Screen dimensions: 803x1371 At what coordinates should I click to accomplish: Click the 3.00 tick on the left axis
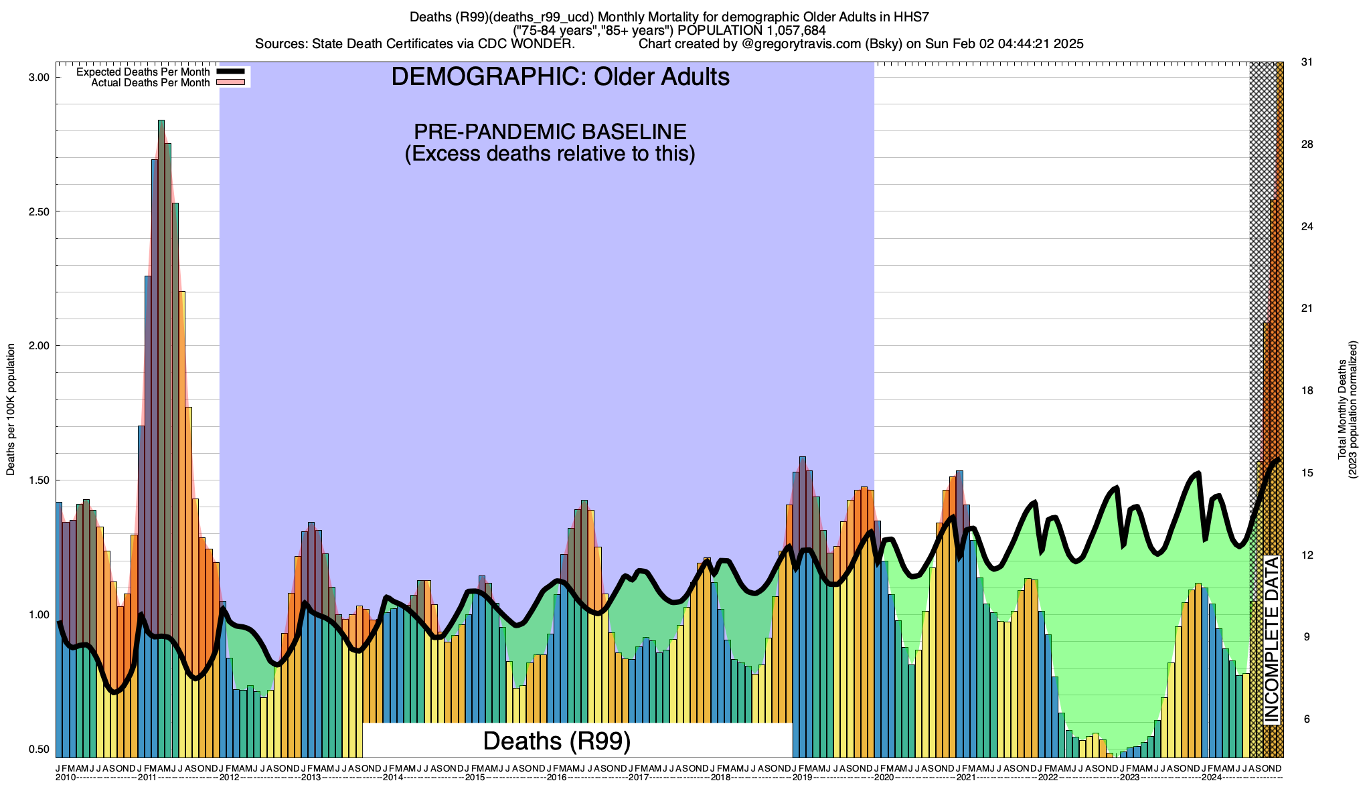pyautogui.click(x=39, y=78)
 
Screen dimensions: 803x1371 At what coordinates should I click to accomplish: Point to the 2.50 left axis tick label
pyautogui.click(x=39, y=211)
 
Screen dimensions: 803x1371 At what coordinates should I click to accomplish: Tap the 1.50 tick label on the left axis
pyautogui.click(x=39, y=480)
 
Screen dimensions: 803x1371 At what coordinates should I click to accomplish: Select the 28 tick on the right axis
pyautogui.click(x=1306, y=145)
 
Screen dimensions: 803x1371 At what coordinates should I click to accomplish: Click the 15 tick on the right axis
pyautogui.click(x=1306, y=473)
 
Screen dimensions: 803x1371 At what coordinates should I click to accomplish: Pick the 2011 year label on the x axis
pyautogui.click(x=147, y=778)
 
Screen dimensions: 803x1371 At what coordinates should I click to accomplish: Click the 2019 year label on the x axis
pyautogui.click(x=802, y=778)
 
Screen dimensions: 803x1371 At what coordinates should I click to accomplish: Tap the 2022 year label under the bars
pyautogui.click(x=1048, y=778)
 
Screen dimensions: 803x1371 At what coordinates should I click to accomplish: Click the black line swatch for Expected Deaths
pyautogui.click(x=232, y=72)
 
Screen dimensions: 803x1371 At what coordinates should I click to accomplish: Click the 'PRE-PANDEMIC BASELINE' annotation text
pyautogui.click(x=550, y=131)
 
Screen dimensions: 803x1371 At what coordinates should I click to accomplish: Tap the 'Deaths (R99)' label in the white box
pyautogui.click(x=556, y=741)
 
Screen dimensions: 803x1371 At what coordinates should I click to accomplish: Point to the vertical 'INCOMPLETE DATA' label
pyautogui.click(x=1271, y=640)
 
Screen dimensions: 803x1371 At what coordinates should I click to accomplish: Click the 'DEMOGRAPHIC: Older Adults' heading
pyautogui.click(x=560, y=77)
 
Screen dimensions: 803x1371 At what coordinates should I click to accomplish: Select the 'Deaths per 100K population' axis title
pyautogui.click(x=11, y=410)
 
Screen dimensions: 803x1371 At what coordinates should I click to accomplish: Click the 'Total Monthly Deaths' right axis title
pyautogui.click(x=1342, y=410)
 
